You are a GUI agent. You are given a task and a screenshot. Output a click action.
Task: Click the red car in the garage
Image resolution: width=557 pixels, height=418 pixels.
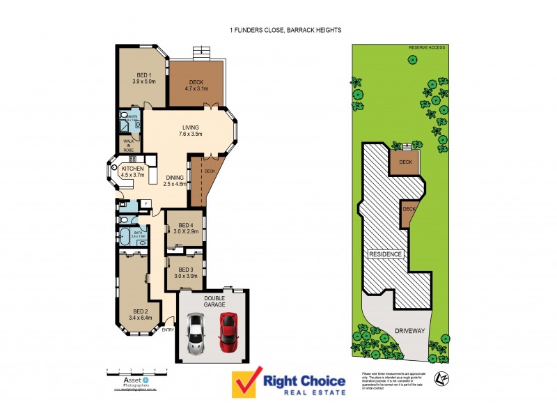click(x=228, y=332)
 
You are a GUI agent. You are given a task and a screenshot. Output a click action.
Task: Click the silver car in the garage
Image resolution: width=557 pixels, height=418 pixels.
click(x=196, y=334)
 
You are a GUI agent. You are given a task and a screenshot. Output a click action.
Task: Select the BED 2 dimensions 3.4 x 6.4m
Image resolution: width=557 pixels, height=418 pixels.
click(x=141, y=319)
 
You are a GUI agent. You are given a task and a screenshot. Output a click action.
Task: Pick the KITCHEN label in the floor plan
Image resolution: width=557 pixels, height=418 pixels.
click(x=132, y=169)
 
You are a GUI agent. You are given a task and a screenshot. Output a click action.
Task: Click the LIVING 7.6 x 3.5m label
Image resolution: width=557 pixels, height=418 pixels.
click(x=191, y=131)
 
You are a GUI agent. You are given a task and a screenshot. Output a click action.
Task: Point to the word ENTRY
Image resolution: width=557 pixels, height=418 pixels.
click(x=167, y=330)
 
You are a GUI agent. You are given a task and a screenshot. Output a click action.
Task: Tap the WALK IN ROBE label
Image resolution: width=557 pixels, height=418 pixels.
click(x=129, y=145)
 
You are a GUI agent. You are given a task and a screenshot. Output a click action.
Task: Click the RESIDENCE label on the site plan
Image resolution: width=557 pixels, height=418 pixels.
click(x=385, y=254)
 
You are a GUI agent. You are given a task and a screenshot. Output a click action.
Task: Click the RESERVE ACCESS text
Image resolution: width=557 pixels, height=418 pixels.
click(x=426, y=47)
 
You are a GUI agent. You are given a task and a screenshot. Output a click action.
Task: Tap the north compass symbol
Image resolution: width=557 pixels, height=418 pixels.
click(x=439, y=378)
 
